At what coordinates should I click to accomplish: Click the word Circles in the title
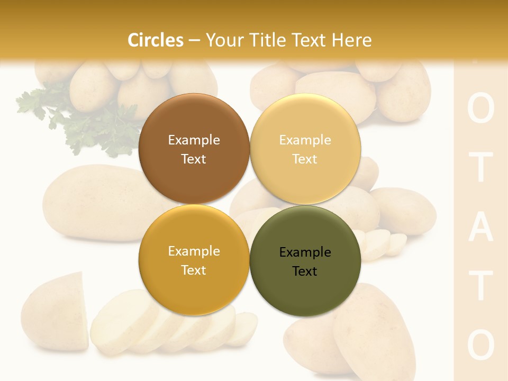point(155,40)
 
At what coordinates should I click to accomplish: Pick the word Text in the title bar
point(311,40)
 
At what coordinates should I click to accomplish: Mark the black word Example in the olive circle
point(305,252)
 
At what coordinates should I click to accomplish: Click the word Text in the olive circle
point(305,271)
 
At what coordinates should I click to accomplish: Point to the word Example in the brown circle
point(194,140)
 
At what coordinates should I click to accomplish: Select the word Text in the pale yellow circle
point(305,159)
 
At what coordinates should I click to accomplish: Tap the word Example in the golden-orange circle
point(194,251)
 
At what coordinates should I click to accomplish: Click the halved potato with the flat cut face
point(56,312)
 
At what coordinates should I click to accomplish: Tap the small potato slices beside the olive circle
point(384,243)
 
